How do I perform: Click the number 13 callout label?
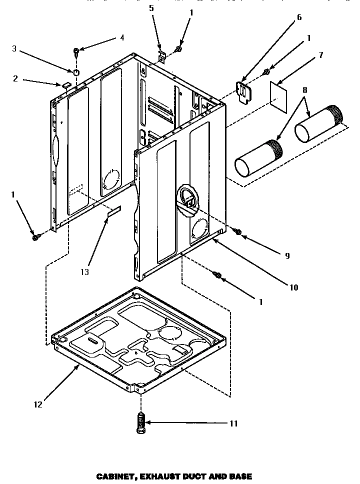(84, 272)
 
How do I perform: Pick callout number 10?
(293, 287)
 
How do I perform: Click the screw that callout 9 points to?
(238, 231)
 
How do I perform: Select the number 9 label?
(287, 255)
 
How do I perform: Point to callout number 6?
(299, 17)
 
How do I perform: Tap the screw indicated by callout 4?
(76, 50)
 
